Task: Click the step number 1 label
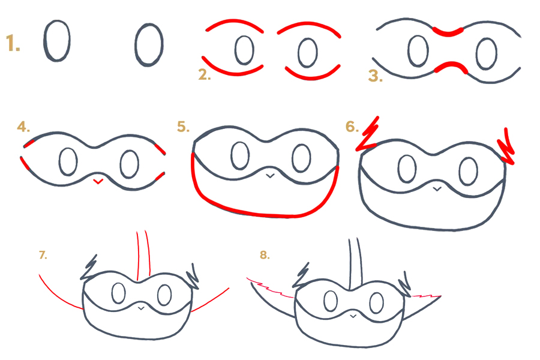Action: tap(13, 44)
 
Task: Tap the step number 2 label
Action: tap(204, 74)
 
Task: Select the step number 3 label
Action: tap(376, 76)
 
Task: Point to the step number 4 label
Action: tap(23, 127)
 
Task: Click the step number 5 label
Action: tap(183, 127)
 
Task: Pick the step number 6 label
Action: tap(352, 127)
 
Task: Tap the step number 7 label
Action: tap(43, 255)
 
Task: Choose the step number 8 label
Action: tap(265, 255)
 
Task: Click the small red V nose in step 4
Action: tap(98, 182)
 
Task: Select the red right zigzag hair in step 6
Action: tap(506, 146)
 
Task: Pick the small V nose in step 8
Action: tap(353, 316)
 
